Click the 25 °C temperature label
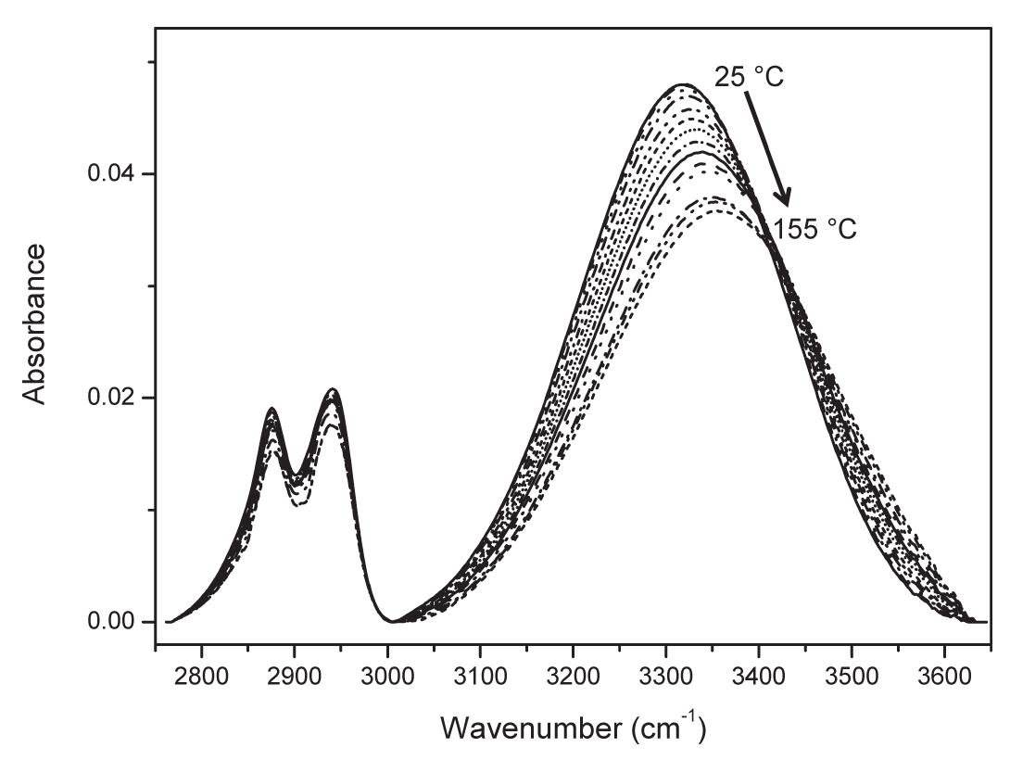click(x=748, y=77)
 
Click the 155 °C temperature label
click(x=814, y=228)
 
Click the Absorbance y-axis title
click(x=35, y=324)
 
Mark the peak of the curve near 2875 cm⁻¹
click(x=271, y=409)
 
